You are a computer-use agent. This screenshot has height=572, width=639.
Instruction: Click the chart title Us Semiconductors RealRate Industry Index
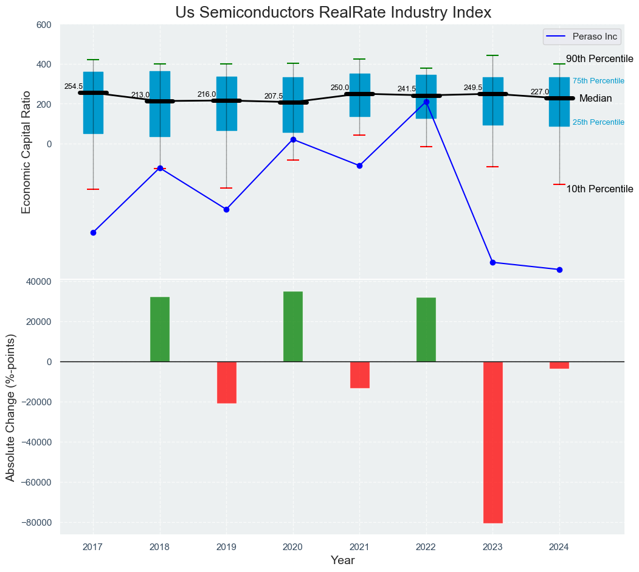pos(333,13)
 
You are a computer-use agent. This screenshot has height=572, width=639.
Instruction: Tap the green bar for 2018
pos(160,329)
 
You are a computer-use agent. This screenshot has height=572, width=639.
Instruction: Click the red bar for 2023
pos(492,442)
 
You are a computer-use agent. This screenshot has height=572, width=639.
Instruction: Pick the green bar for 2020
pos(293,327)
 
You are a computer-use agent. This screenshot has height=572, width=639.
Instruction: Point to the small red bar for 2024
pos(559,365)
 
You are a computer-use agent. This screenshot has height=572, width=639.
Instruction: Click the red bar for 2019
pos(226,382)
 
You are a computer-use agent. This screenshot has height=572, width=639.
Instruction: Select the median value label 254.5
pos(74,86)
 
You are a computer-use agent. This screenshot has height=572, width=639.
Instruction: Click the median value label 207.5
pos(273,96)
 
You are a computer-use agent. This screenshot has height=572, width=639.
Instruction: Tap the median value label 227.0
pos(539,92)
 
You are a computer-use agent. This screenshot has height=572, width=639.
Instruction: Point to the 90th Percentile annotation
pos(599,59)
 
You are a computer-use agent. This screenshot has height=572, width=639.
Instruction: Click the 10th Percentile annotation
pos(599,189)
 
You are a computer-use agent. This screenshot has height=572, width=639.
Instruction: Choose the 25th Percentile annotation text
pos(598,122)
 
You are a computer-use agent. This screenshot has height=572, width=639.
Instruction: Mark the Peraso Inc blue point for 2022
pos(426,102)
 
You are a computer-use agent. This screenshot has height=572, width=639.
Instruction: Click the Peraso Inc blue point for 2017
pos(93,232)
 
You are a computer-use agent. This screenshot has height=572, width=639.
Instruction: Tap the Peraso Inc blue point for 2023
pos(492,262)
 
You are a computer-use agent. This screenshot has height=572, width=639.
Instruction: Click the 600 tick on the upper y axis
pos(44,25)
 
